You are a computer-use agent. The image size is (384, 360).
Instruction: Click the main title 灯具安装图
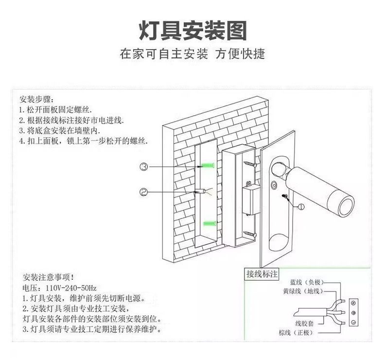192,30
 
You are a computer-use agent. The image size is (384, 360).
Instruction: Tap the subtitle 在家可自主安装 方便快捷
192,54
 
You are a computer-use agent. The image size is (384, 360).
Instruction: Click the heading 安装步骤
36,99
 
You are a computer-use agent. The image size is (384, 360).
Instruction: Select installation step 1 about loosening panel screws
55,109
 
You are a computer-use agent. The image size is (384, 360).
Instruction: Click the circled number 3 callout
143,167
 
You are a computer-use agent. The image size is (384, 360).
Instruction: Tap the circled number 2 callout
143,192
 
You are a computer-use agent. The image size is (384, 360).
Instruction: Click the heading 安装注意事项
49,277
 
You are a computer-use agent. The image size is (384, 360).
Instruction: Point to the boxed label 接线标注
262,274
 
